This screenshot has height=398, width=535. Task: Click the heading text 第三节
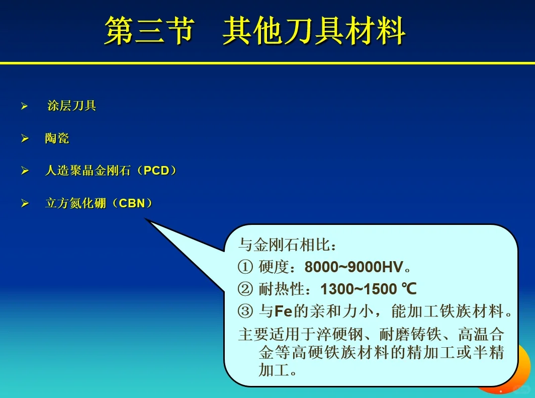[149, 31]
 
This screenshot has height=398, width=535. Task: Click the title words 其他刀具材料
[314, 31]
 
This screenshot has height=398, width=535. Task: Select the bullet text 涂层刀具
[71, 106]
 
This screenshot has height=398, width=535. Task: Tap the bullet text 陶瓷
[57, 138]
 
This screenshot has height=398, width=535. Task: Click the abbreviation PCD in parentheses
[156, 171]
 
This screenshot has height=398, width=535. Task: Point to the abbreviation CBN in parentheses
[132, 203]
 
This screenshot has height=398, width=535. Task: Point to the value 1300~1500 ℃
[369, 289]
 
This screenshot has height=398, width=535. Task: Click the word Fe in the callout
[283, 312]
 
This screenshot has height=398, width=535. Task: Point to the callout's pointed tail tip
[146, 219]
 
